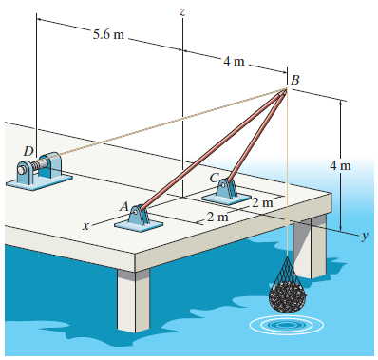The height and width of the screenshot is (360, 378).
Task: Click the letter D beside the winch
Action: point(28,150)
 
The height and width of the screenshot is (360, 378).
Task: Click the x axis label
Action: point(85,226)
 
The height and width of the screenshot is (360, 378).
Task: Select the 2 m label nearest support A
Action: point(217,218)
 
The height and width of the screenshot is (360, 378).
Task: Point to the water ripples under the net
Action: point(285,324)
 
